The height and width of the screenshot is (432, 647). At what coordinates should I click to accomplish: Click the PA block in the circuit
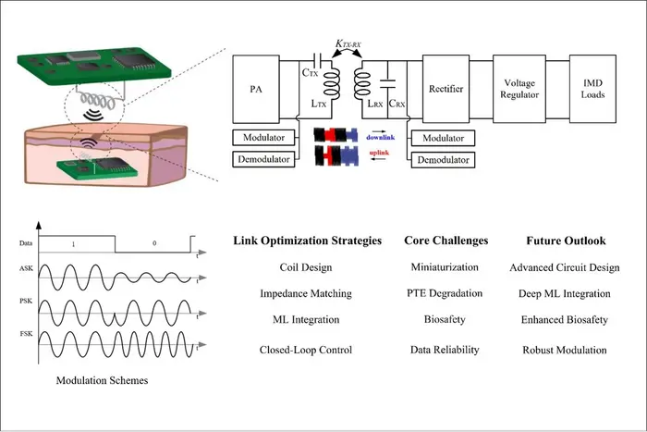(256, 89)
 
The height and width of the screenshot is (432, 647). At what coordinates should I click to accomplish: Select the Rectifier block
(446, 89)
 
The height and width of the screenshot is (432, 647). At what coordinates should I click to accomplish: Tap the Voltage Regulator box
(519, 89)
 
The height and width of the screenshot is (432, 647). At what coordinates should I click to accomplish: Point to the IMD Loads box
(592, 89)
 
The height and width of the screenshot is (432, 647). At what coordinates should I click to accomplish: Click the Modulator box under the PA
(263, 138)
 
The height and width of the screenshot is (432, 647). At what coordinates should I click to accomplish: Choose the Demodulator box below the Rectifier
(443, 160)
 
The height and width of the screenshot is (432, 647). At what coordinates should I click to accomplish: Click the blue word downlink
(381, 137)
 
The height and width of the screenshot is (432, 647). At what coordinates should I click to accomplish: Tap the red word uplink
(379, 153)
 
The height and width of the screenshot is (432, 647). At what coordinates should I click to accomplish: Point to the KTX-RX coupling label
(348, 43)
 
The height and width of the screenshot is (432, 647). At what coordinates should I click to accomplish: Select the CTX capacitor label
(310, 73)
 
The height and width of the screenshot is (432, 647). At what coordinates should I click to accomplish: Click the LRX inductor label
(375, 104)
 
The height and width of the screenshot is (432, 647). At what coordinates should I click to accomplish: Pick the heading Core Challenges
(446, 241)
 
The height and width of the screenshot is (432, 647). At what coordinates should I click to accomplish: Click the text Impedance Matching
(306, 293)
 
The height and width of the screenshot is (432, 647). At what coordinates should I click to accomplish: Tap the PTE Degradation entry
(445, 293)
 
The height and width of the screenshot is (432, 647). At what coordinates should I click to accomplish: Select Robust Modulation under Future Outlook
(565, 350)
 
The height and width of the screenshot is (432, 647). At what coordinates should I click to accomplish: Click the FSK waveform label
(26, 333)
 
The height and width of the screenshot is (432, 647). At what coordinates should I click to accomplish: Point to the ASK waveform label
(26, 268)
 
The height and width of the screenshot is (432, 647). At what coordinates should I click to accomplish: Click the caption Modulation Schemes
(102, 380)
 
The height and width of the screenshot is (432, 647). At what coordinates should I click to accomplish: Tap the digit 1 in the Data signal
(73, 244)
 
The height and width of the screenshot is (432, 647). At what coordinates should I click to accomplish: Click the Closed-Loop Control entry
(306, 350)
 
